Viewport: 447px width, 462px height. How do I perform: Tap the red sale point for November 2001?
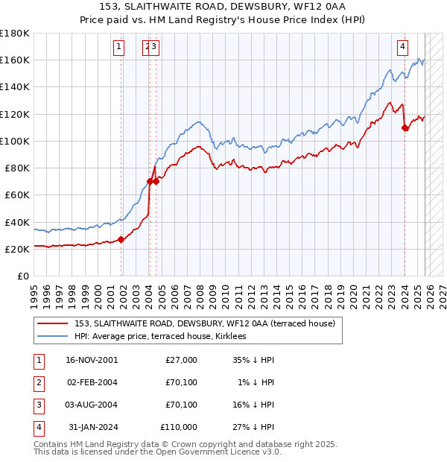click(121, 239)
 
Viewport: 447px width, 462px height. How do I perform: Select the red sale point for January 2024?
click(405, 127)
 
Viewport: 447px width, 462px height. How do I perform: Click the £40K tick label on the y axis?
click(17, 222)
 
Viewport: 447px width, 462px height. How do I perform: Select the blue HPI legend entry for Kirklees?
click(164, 336)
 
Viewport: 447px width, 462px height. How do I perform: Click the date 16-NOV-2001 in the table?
click(92, 360)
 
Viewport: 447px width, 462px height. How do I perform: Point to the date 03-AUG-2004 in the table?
click(92, 405)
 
